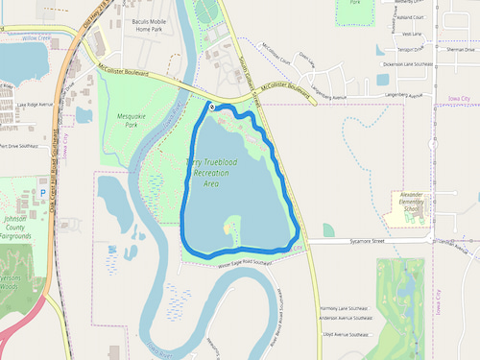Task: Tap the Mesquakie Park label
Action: pos(121,119)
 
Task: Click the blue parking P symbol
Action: pos(43,191)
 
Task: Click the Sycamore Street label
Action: pos(365,242)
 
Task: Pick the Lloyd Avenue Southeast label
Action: pos(347,335)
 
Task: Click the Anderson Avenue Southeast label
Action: pos(347,318)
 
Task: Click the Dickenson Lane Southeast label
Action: pos(411,63)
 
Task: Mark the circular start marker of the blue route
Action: pos(211,108)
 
